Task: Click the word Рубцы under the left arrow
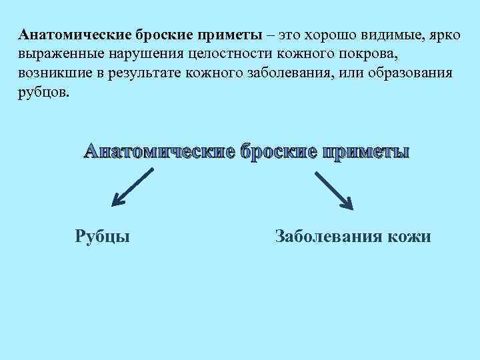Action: (102, 236)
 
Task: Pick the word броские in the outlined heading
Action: (279, 151)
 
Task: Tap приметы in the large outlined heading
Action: (367, 151)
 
